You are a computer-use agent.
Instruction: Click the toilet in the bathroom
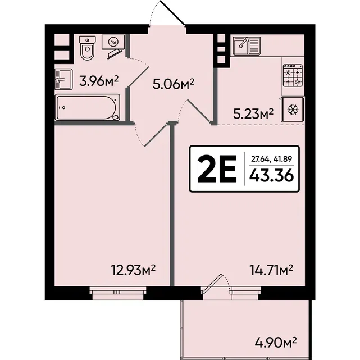point(87,48)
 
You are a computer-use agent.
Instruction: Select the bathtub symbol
point(88,107)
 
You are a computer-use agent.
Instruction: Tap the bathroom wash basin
point(63,79)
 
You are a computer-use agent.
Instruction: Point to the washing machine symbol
point(113,42)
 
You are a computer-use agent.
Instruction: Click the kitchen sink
point(247,46)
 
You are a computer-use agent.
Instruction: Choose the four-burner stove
point(293,75)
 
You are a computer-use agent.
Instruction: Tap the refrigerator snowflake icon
point(293,110)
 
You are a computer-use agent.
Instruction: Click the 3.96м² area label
point(99,81)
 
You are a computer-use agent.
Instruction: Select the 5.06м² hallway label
point(174,84)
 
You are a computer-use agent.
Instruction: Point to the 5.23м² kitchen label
point(253,113)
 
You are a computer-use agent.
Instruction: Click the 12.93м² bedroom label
point(133,270)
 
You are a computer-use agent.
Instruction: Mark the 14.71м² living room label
point(271,270)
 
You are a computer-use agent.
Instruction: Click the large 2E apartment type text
point(217,169)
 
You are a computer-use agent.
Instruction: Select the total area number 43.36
point(272,175)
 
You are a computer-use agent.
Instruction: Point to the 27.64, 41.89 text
point(271,158)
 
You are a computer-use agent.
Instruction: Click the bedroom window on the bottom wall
point(117,293)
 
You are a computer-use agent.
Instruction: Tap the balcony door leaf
point(212,284)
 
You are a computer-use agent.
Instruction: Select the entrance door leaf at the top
point(172,12)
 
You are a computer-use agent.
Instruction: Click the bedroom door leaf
point(156,135)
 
